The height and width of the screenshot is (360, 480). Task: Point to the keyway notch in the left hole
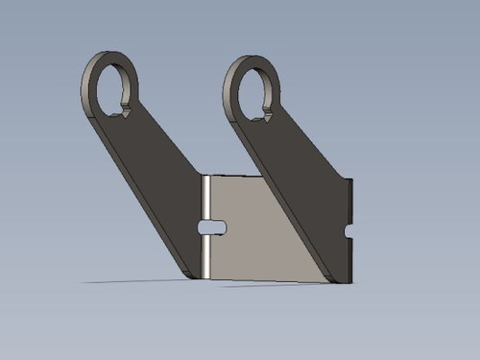click(123, 111)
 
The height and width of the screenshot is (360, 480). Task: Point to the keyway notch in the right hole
click(268, 116)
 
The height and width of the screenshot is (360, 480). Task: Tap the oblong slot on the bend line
click(211, 227)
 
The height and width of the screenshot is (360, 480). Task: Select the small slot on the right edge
click(348, 231)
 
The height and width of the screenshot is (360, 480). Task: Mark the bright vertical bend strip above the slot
click(204, 198)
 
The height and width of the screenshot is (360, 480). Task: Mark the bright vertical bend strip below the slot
click(204, 256)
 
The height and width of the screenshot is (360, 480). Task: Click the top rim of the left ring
click(108, 56)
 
